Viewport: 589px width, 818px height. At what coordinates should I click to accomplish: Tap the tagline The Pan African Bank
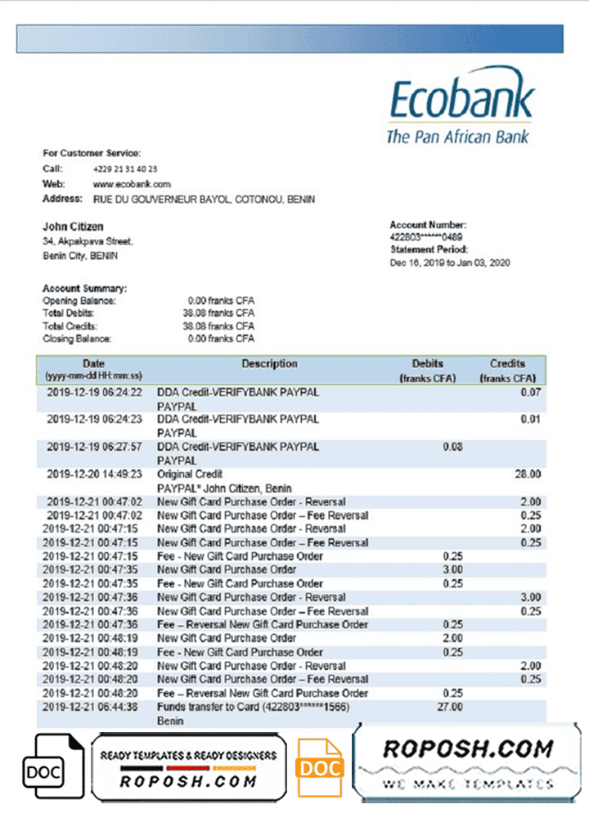pos(457,137)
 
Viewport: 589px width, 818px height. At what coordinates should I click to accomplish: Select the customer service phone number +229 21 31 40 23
pos(125,169)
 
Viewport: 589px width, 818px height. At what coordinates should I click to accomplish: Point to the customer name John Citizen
pos(73,227)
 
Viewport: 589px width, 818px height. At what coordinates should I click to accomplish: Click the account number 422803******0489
pos(429,236)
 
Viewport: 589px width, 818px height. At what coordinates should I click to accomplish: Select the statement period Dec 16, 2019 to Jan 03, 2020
pos(449,262)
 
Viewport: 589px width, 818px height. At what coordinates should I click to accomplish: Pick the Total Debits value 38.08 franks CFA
pos(221,313)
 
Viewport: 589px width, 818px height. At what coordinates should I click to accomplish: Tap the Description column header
pos(269,364)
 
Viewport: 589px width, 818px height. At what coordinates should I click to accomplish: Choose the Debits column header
pos(428,364)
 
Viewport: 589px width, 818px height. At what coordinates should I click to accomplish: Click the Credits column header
pos(507,364)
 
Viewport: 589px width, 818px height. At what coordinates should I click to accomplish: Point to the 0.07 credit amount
pos(531,393)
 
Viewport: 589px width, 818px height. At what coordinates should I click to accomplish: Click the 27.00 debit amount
pos(451,707)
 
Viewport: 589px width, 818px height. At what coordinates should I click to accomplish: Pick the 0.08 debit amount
pos(452,447)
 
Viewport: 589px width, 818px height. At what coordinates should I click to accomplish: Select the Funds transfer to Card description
pos(254,707)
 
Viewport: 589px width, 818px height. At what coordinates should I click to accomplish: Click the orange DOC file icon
pos(319,766)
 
